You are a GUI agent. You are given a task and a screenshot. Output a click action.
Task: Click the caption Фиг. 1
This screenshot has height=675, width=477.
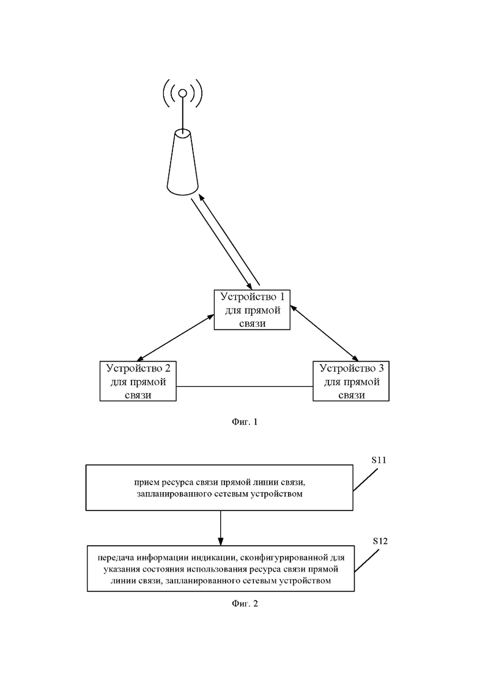click(245, 422)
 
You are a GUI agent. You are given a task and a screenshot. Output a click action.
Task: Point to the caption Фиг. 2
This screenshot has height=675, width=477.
click(245, 603)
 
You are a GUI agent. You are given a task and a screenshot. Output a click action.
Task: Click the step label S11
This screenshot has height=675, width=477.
click(379, 460)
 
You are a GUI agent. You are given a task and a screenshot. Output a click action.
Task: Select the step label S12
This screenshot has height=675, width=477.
click(380, 541)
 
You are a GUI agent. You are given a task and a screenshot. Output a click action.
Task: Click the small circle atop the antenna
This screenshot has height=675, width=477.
click(183, 93)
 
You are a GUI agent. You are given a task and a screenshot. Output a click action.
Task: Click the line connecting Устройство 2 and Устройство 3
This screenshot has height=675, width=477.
click(244, 387)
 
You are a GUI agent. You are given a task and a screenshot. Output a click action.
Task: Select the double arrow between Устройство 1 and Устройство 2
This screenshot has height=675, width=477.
click(175, 337)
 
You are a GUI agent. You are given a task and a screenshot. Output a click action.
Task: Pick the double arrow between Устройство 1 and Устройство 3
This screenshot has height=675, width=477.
click(324, 333)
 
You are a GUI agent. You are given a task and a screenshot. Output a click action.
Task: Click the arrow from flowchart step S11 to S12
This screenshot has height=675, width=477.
click(221, 528)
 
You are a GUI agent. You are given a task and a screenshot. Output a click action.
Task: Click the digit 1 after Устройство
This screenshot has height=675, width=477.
click(282, 297)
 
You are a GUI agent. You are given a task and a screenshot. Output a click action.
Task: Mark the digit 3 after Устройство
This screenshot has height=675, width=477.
click(381, 368)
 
